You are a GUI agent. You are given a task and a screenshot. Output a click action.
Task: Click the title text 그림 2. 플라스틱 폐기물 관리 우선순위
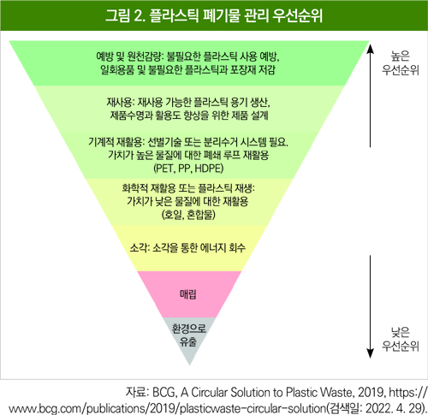[x=214, y=15]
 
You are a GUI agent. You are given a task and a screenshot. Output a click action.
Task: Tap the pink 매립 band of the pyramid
[x=189, y=294]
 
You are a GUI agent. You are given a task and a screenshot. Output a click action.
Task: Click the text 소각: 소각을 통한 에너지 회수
[x=187, y=247]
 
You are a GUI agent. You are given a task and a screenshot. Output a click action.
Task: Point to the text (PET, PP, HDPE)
[x=188, y=169]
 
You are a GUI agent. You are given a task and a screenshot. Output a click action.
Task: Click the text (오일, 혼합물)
[x=188, y=215]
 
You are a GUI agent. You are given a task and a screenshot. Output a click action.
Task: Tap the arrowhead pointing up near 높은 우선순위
[x=370, y=48]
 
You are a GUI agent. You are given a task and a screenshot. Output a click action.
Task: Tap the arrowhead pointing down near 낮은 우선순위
[x=370, y=353]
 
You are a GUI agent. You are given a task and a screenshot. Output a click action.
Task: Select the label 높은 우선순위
[x=401, y=63]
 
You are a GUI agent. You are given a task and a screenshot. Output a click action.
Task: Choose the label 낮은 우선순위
[x=401, y=339]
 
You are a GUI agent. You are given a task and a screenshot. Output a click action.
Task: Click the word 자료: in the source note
[x=137, y=393]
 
